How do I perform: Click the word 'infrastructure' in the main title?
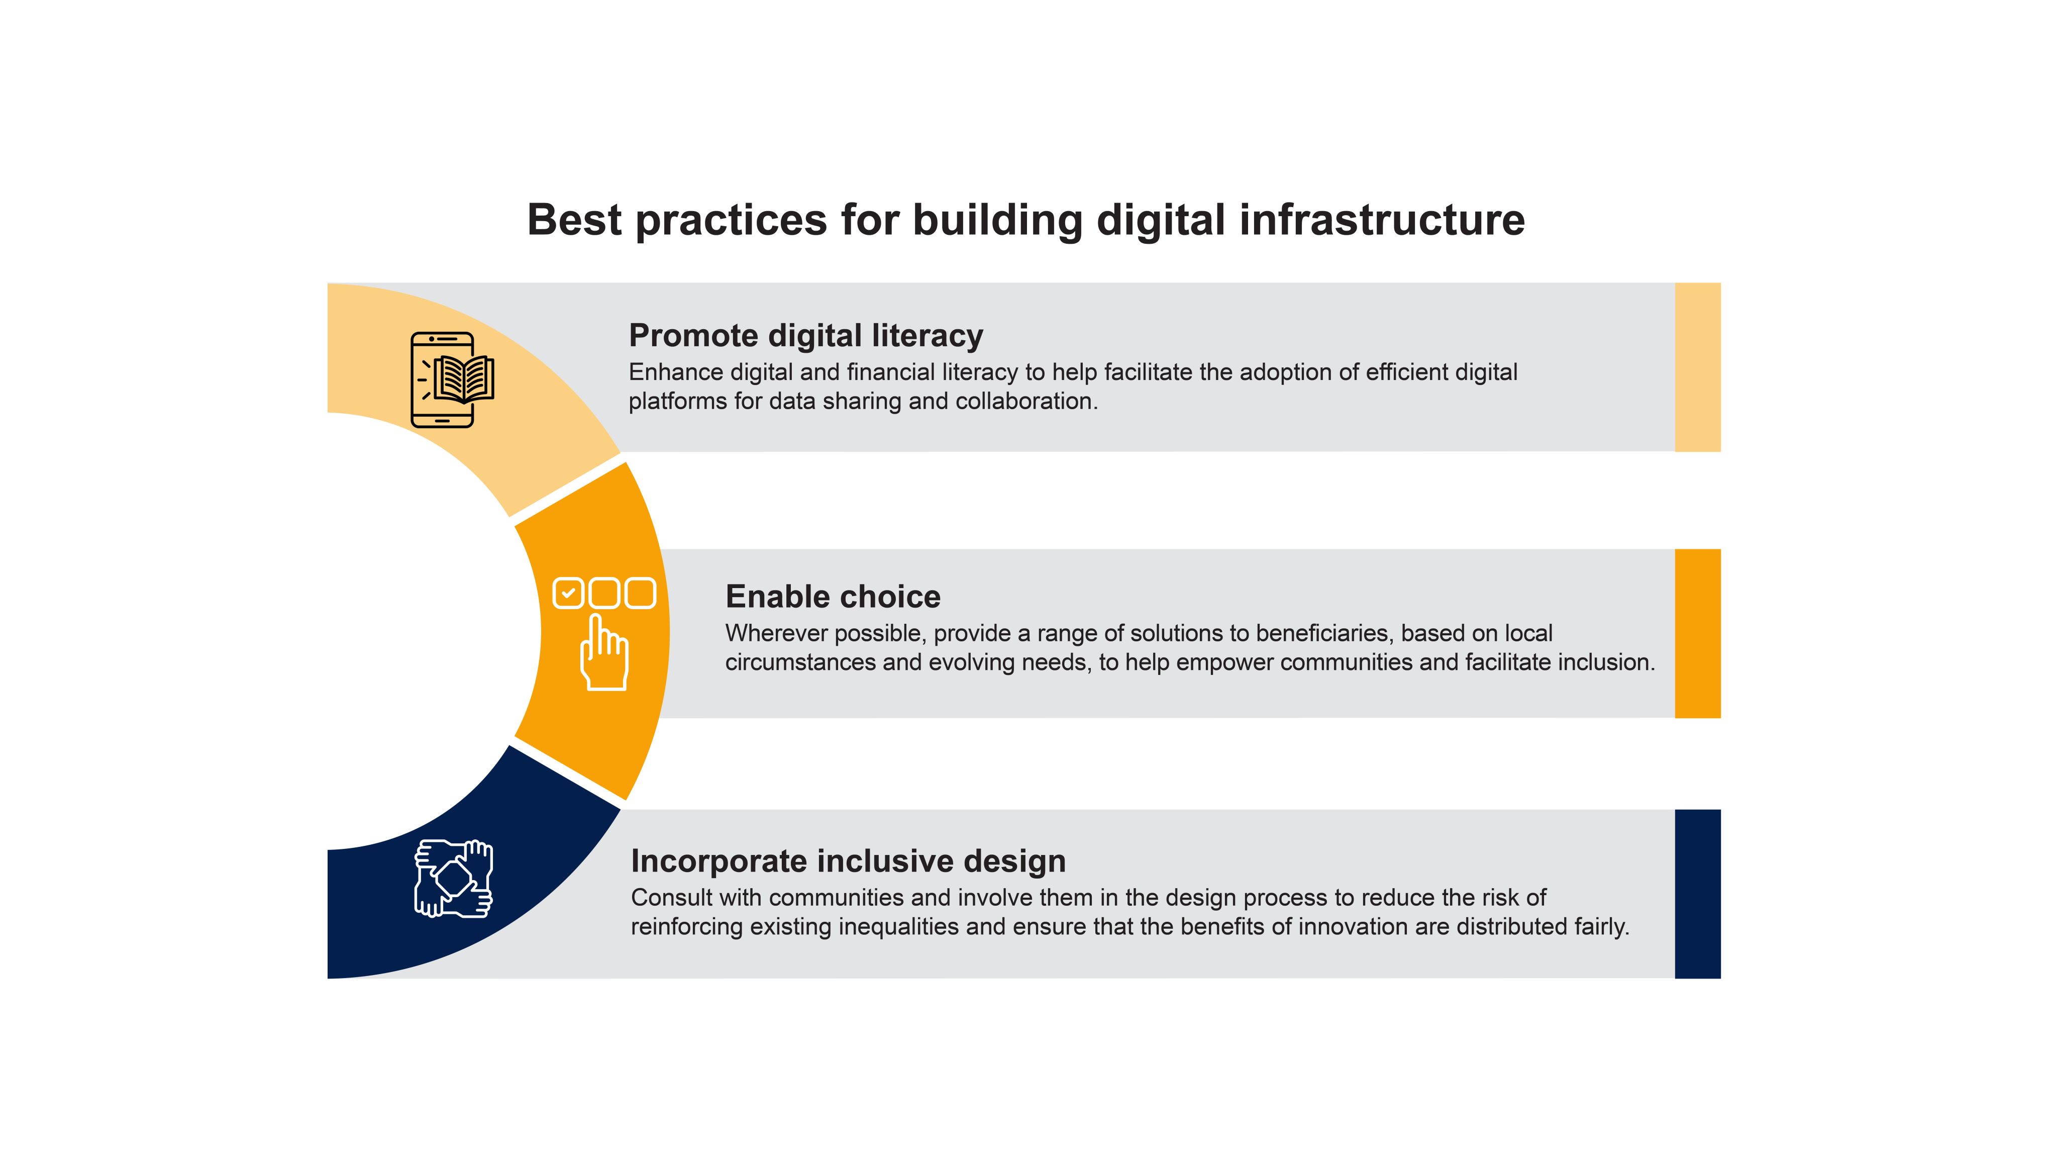pos(1382,219)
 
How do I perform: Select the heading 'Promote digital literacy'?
pos(806,336)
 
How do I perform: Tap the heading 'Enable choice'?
pos(833,596)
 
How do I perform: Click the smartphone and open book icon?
pos(452,379)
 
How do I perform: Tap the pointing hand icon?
pos(604,652)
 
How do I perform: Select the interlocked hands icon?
pos(454,878)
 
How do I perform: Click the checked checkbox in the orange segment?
pos(568,593)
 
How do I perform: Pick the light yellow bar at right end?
pos(1698,367)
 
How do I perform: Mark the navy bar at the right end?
pos(1698,894)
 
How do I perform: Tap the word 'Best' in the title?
pos(574,220)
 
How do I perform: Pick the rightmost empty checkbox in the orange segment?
pos(640,593)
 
